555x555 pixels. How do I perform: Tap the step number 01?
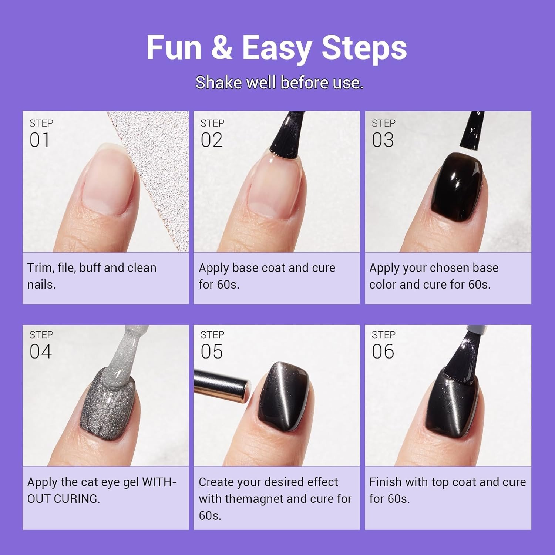40,140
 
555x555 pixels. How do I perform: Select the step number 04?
41,351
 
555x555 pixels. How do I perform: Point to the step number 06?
383,351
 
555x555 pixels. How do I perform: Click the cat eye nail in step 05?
285,398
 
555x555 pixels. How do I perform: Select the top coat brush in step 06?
464,355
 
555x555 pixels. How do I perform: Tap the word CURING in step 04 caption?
77,499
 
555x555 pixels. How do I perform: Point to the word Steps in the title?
364,48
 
